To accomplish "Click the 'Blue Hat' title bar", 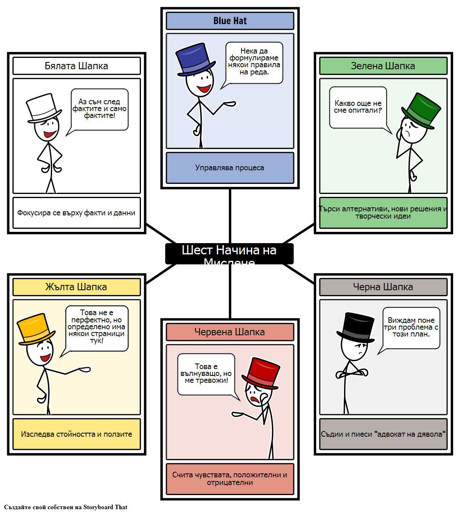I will pyautogui.click(x=230, y=21).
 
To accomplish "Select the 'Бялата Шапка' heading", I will pyautogui.click(x=77, y=66).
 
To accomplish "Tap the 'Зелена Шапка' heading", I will pyautogui.click(x=383, y=66).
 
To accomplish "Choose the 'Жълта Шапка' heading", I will pyautogui.click(x=77, y=287).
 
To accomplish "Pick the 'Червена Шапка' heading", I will pyautogui.click(x=230, y=332).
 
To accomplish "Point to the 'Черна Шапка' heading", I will pyautogui.click(x=383, y=287).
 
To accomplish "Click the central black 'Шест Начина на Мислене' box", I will pyautogui.click(x=229, y=254).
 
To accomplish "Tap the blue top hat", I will pyautogui.click(x=195, y=59).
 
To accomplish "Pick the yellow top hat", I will pyautogui.click(x=35, y=328).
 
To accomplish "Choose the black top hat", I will pyautogui.click(x=355, y=326).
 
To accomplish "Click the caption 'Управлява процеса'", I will pyautogui.click(x=230, y=168).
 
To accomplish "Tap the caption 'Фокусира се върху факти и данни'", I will pyautogui.click(x=77, y=213).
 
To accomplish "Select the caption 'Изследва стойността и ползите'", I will pyautogui.click(x=77, y=434).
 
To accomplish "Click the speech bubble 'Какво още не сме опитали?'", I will pyautogui.click(x=358, y=107).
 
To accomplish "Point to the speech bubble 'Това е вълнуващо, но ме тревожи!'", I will pyautogui.click(x=206, y=374).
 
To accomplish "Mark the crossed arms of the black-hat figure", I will pyautogui.click(x=352, y=373).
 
